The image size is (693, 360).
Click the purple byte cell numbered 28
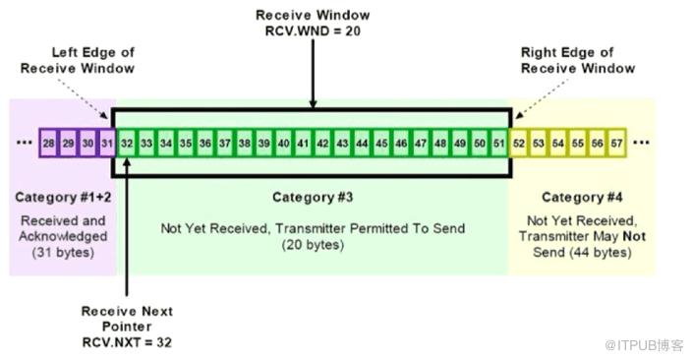click(x=48, y=143)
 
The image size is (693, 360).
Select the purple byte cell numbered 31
click(x=107, y=143)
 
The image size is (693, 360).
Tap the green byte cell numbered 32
click(x=127, y=143)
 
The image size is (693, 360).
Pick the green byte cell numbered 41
click(x=303, y=143)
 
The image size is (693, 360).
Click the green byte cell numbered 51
click(x=499, y=143)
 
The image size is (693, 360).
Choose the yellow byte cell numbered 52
click(x=519, y=143)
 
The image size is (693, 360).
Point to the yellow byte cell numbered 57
click(x=617, y=143)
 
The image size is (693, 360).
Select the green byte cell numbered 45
click(x=381, y=143)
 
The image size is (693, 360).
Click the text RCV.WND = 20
click(x=313, y=30)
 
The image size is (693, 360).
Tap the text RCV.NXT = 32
click(x=127, y=342)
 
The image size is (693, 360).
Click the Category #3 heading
click(x=313, y=197)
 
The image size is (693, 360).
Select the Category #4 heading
click(x=582, y=197)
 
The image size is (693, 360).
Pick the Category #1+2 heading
click(x=63, y=197)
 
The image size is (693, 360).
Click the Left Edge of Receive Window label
click(x=78, y=60)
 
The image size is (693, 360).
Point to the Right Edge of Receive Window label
click(x=578, y=60)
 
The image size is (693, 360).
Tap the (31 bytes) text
click(x=63, y=253)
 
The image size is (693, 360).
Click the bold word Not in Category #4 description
click(x=634, y=236)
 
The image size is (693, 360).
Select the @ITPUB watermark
click(x=644, y=345)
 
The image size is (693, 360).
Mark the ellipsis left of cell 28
click(x=25, y=143)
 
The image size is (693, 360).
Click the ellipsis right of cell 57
click(x=641, y=143)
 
